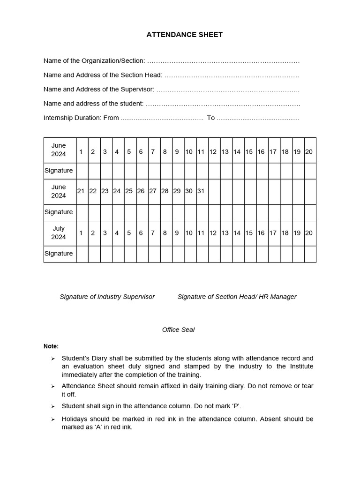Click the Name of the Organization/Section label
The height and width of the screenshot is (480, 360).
pyautogui.click(x=94, y=61)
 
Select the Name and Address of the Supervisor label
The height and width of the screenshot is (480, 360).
pyautogui.click(x=98, y=89)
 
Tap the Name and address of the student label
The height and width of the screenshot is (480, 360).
pyautogui.click(x=93, y=104)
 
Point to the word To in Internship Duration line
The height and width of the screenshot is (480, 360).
pyautogui.click(x=211, y=118)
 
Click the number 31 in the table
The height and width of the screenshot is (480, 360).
pyautogui.click(x=201, y=191)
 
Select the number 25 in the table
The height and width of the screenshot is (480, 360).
pyautogui.click(x=129, y=191)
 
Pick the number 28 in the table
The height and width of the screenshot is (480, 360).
pyautogui.click(x=165, y=191)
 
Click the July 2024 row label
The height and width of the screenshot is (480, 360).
pyautogui.click(x=59, y=232)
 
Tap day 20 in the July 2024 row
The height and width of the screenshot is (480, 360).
pyautogui.click(x=309, y=233)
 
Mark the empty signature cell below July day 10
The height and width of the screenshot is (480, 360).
pyautogui.click(x=189, y=254)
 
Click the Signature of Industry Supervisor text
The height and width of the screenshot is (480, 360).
pyautogui.click(x=107, y=297)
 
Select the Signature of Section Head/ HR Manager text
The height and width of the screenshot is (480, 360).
pyautogui.click(x=237, y=297)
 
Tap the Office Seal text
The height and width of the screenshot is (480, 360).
pyautogui.click(x=178, y=330)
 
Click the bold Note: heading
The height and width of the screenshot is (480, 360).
pyautogui.click(x=51, y=346)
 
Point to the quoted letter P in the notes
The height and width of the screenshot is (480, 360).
pyautogui.click(x=237, y=406)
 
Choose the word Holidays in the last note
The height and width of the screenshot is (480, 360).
pyautogui.click(x=75, y=419)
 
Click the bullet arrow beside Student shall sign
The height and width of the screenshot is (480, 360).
pyautogui.click(x=53, y=406)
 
